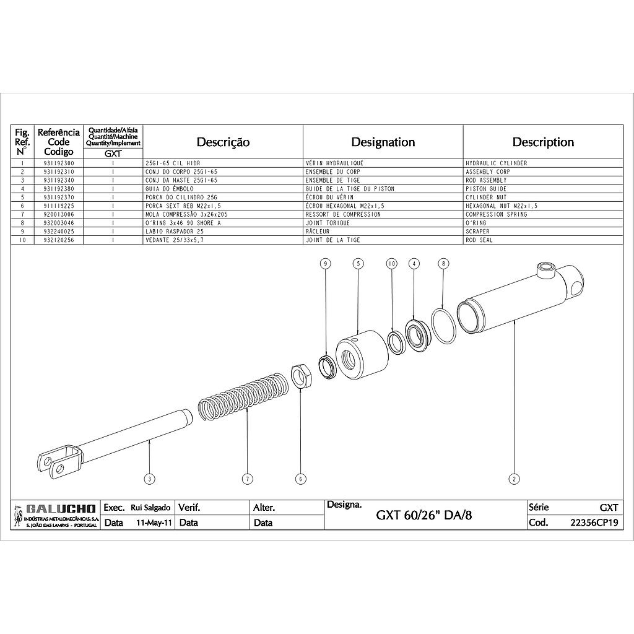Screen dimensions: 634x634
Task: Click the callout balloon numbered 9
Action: pyautogui.click(x=326, y=264)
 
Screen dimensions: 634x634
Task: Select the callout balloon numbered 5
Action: pyautogui.click(x=358, y=264)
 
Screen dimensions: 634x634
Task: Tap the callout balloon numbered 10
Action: pyautogui.click(x=391, y=264)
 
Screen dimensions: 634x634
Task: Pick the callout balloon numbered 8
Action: pyautogui.click(x=443, y=264)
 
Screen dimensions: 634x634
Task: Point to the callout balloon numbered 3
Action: pyautogui.click(x=150, y=479)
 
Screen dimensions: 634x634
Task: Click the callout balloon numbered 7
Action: pyautogui.click(x=248, y=479)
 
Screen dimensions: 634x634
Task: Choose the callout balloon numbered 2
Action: pyautogui.click(x=514, y=479)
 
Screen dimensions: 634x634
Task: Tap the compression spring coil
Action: pyautogui.click(x=243, y=396)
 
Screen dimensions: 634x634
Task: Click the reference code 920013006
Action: pyautogui.click(x=59, y=214)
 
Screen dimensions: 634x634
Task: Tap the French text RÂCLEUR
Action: pyautogui.click(x=318, y=232)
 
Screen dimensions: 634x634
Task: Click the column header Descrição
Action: pyautogui.click(x=223, y=142)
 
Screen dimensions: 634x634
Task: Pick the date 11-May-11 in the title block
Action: pyautogui.click(x=154, y=523)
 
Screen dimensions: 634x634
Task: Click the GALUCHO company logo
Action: pyautogui.click(x=55, y=515)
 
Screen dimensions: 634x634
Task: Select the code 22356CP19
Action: pyautogui.click(x=594, y=523)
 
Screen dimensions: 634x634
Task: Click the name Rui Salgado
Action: pyautogui.click(x=150, y=508)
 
